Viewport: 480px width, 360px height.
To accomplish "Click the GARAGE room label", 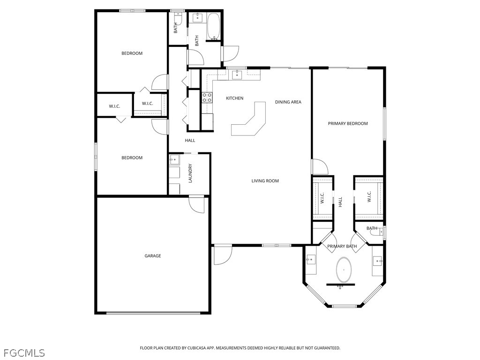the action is [152, 256].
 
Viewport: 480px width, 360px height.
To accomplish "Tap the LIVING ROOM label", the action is [265, 181].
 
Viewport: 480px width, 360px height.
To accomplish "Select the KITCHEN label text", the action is [234, 98].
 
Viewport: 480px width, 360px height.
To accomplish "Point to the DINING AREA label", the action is [288, 102].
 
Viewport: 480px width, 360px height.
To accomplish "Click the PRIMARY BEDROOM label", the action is [348, 124].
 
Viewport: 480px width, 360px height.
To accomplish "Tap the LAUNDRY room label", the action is [190, 173].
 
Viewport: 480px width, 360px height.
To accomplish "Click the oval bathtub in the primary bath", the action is [344, 270].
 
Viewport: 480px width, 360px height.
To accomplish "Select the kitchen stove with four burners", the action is [207, 97].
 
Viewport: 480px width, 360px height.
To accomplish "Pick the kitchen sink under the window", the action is [237, 75].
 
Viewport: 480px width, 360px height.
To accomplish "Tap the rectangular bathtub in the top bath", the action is [213, 26].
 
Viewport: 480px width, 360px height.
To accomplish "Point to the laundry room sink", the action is [174, 160].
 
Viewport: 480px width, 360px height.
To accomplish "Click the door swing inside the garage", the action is [196, 204].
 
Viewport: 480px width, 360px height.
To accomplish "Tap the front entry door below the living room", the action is [223, 255].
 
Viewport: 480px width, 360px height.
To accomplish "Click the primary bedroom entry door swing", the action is [320, 167].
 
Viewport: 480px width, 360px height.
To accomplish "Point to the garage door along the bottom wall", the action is [153, 313].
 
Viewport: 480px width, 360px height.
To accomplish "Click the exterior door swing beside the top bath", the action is [231, 53].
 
